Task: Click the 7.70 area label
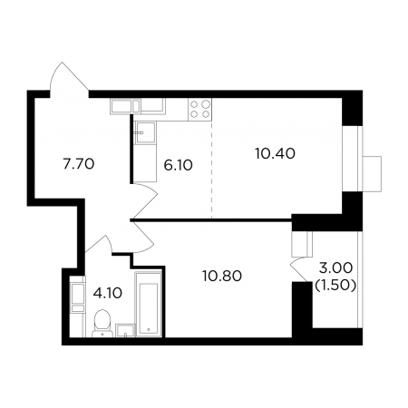79,164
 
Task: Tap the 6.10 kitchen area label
178,165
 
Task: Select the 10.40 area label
275,153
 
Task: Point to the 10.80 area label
222,276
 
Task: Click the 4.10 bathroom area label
108,293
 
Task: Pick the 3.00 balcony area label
335,267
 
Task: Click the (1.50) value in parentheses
335,285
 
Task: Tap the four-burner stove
199,110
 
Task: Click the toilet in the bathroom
102,324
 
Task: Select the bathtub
149,304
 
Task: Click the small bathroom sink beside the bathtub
125,330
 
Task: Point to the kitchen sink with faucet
145,132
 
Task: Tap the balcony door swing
301,269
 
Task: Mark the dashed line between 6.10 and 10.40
211,170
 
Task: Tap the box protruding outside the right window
372,174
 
